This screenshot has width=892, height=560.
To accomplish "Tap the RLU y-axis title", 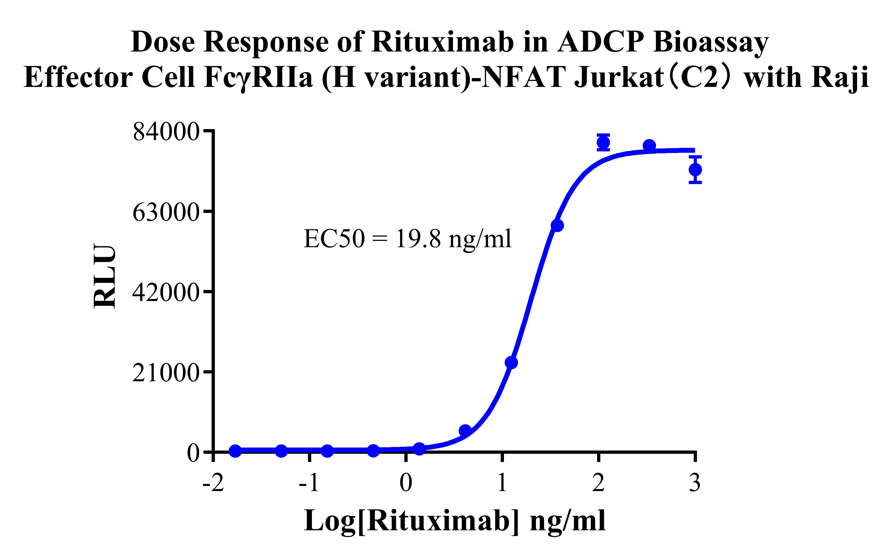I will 105,276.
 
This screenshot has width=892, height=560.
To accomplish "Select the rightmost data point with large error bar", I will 695,170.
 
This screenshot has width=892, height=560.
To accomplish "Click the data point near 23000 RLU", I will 511,363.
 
